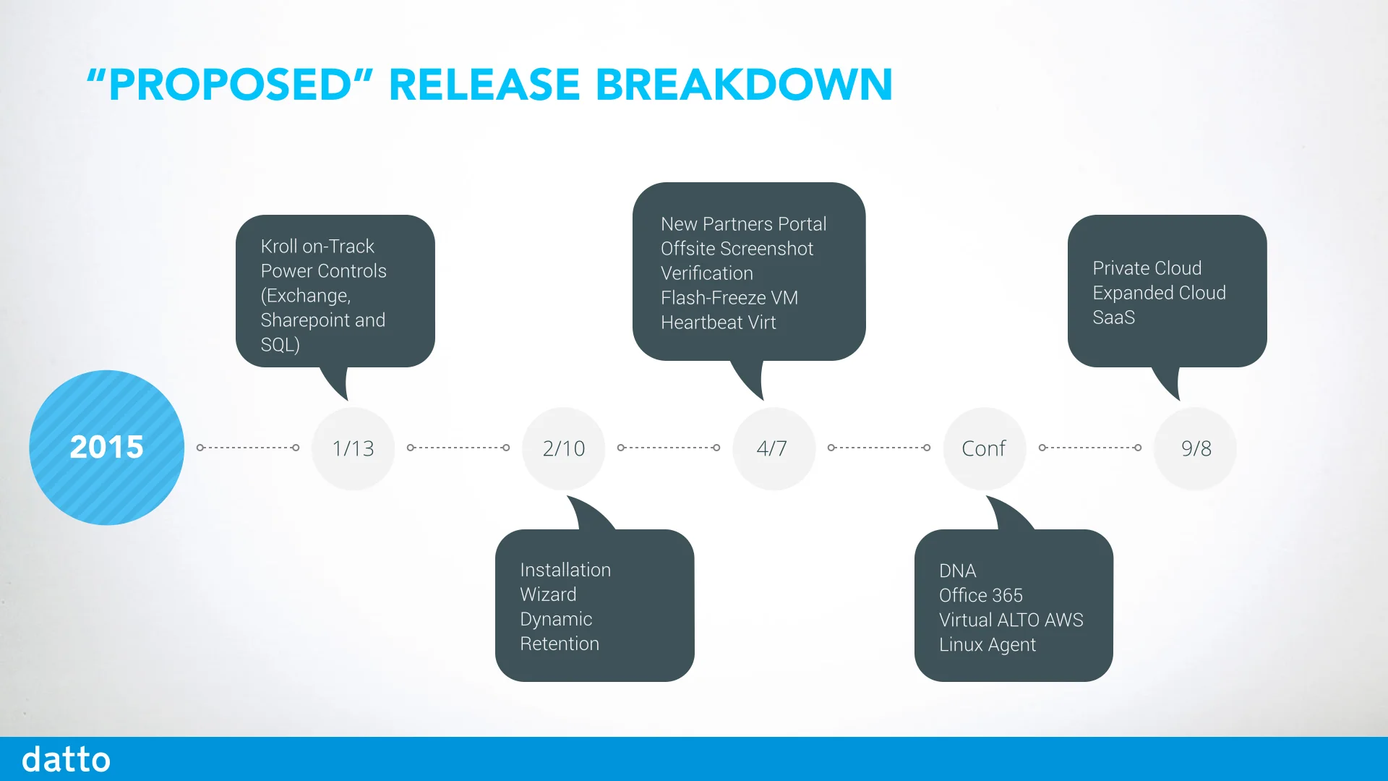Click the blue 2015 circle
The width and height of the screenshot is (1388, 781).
tap(107, 448)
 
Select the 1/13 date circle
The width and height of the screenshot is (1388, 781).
tap(354, 448)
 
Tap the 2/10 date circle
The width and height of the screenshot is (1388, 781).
tap(564, 448)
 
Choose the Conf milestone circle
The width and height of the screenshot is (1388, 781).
tap(984, 448)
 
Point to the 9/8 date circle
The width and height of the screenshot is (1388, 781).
tap(1196, 448)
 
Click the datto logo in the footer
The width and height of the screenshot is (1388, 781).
tap(66, 759)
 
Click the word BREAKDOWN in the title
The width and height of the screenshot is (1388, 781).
tap(744, 85)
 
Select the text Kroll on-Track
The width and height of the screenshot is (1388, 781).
tap(317, 247)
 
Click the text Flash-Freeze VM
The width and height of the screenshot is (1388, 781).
tap(729, 298)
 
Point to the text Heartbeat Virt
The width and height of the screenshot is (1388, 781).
tap(719, 323)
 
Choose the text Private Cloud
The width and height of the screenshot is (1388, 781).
tap(1147, 268)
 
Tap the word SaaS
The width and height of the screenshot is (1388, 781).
tap(1114, 317)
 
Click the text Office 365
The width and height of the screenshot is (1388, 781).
tap(981, 595)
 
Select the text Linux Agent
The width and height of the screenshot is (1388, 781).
tap(988, 644)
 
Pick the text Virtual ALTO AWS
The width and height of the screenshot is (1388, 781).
tap(1011, 620)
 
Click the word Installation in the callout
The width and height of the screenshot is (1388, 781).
tap(565, 570)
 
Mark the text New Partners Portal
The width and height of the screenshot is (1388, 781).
tap(744, 224)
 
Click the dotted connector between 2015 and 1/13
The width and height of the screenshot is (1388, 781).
tap(248, 448)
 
